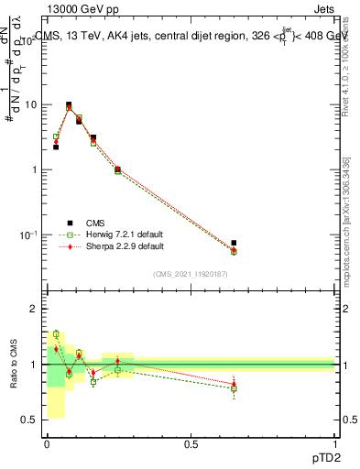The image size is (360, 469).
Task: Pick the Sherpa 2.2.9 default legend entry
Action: coord(125,246)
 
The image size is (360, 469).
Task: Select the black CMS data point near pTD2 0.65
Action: coord(235,243)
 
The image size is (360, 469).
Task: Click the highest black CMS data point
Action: coord(69,105)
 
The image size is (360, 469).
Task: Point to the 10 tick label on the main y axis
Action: coord(32,104)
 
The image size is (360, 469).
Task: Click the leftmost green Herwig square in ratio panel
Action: coord(56,334)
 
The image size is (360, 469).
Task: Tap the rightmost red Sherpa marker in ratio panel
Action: coord(235,384)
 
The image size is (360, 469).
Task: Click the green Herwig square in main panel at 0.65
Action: coord(235,251)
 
